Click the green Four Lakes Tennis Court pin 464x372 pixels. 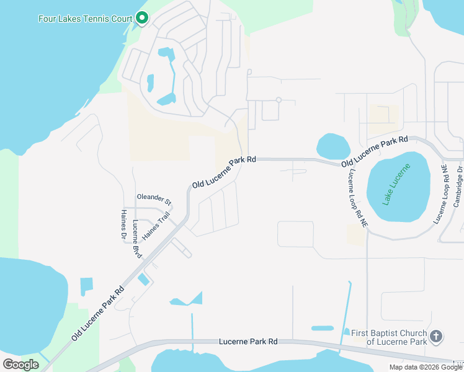[x=141, y=19]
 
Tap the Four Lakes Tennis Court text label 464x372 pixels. [x=86, y=19]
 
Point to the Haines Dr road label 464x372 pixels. [x=122, y=225]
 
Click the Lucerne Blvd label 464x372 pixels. [x=137, y=239]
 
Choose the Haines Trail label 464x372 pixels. [x=156, y=226]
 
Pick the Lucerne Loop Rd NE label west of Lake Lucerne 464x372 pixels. [x=357, y=198]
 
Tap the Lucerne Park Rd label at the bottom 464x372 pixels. [x=248, y=342]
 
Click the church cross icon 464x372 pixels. [x=436, y=337]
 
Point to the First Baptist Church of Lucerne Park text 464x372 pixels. [x=389, y=337]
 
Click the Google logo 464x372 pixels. [x=21, y=364]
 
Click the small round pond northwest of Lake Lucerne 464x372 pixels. [x=334, y=146]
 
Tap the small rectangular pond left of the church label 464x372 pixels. [x=322, y=328]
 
